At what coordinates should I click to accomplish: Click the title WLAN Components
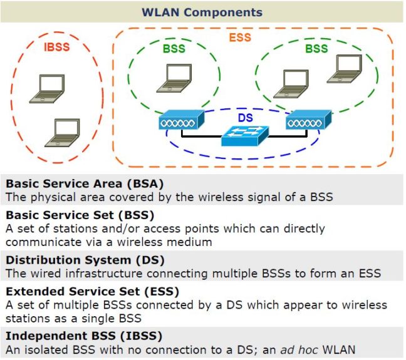[202, 13]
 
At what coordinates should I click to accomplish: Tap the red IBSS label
[56, 46]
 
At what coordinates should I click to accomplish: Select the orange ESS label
[240, 38]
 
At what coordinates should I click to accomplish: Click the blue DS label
[245, 118]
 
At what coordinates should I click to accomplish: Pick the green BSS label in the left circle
[174, 48]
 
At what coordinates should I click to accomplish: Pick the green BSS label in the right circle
[316, 48]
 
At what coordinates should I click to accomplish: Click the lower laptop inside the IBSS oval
[64, 132]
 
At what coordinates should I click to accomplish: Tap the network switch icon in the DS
[244, 135]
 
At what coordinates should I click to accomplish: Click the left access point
[180, 120]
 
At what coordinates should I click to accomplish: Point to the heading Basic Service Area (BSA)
[84, 184]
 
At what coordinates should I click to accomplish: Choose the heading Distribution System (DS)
[85, 260]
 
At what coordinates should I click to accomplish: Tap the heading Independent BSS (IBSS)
[83, 336]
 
